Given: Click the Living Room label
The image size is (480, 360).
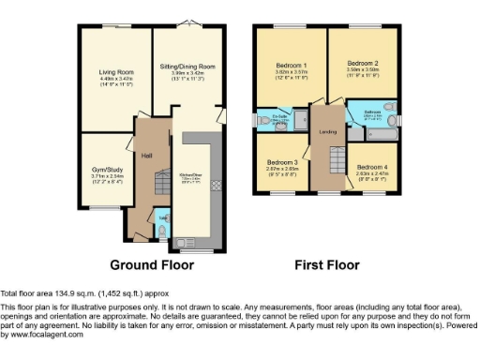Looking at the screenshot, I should coord(117,72).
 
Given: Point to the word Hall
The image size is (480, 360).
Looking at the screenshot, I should coord(146,155).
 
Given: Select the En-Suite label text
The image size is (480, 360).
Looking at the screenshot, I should coord(278,116).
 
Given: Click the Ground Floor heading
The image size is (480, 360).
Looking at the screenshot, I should coord(152,265).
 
